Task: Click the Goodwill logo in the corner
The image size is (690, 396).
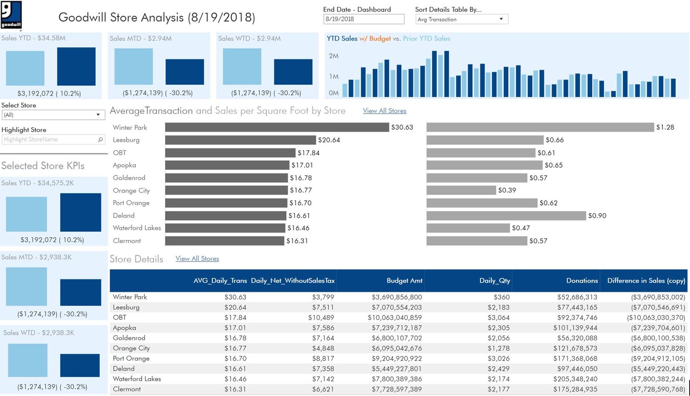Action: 11,15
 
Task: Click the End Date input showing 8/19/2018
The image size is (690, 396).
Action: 363,19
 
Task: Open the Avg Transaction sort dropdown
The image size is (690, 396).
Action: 461,19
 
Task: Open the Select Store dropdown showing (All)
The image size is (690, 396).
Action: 53,115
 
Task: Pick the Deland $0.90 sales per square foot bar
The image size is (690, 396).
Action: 506,215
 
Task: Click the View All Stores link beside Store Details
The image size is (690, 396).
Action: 197,259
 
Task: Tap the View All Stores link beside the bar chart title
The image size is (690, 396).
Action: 385,111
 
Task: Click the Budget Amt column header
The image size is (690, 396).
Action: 404,280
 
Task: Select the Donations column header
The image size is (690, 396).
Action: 582,280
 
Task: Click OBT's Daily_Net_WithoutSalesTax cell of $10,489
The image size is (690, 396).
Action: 321,318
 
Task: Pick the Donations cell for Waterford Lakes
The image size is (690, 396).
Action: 575,379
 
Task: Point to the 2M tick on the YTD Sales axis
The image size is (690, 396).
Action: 333,56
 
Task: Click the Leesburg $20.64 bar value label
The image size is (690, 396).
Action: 329,140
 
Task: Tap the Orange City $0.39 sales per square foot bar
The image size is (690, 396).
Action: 461,190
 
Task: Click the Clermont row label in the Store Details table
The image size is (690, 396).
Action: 127,389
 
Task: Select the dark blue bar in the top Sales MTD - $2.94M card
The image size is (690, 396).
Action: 184,72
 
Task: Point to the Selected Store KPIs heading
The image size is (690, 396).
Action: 43,166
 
